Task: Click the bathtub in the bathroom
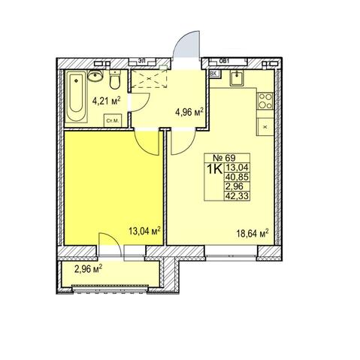pyautogui.click(x=76, y=96)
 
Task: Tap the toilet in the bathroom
pyautogui.click(x=115, y=80)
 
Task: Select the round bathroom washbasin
pyautogui.click(x=95, y=75)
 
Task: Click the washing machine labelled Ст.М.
pyautogui.click(x=113, y=120)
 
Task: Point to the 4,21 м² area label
pyautogui.click(x=107, y=101)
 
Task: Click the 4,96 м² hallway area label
pyautogui.click(x=189, y=112)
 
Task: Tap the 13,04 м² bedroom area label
pyautogui.click(x=144, y=231)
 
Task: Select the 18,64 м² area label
pyautogui.click(x=253, y=234)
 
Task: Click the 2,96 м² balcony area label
pyautogui.click(x=88, y=269)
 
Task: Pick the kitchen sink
pyautogui.click(x=237, y=77)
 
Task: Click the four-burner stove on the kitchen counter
pyautogui.click(x=265, y=101)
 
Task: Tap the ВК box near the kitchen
pyautogui.click(x=214, y=74)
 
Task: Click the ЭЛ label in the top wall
pyautogui.click(x=141, y=60)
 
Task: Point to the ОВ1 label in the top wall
pyautogui.click(x=224, y=60)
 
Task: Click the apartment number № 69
pyautogui.click(x=224, y=158)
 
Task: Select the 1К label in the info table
pyautogui.click(x=214, y=169)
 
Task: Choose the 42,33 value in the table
pyautogui.click(x=237, y=195)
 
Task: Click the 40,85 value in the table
pyautogui.click(x=237, y=177)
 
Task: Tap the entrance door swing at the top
pyautogui.click(x=187, y=44)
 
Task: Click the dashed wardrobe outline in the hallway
pyautogui.click(x=150, y=78)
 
